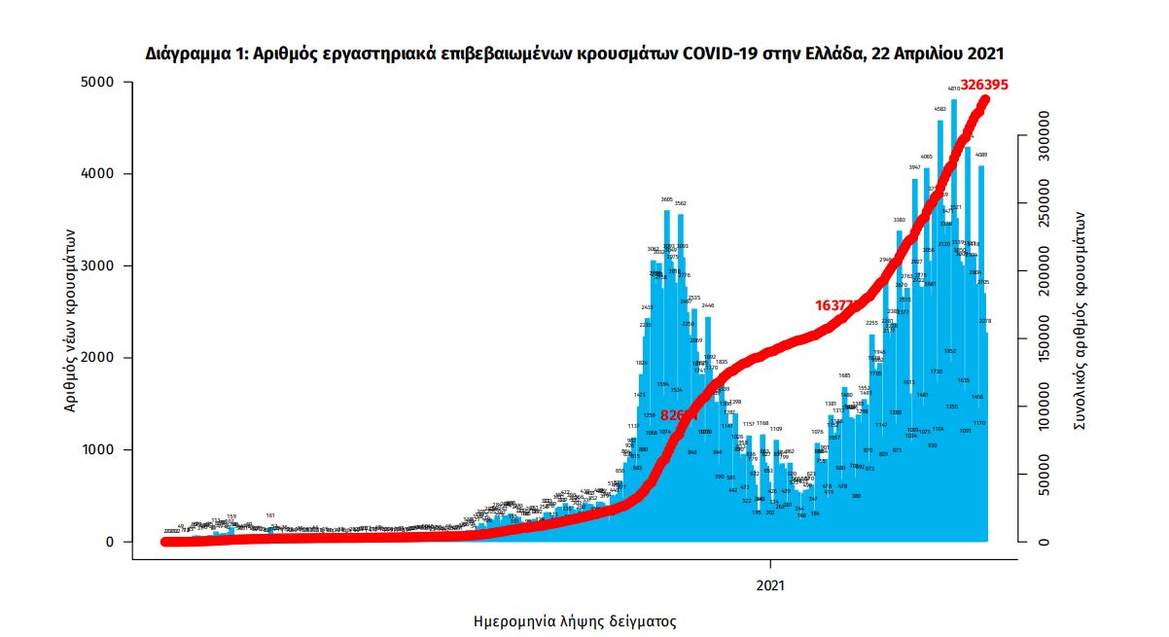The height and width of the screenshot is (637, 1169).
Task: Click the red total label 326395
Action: tap(983, 85)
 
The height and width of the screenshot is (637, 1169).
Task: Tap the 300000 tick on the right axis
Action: tap(1044, 137)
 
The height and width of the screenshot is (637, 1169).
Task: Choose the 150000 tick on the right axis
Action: tap(1044, 339)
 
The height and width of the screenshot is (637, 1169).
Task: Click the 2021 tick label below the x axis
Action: tap(770, 585)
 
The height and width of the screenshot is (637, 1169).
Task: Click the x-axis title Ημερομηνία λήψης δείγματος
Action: tap(574, 620)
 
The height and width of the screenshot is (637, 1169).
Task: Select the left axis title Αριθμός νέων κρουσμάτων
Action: tap(70, 320)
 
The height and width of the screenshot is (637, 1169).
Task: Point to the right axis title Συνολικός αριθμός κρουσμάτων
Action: tap(1080, 321)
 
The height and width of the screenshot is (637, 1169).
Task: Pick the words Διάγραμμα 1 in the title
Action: tap(195, 53)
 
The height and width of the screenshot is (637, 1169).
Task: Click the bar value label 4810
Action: tap(954, 88)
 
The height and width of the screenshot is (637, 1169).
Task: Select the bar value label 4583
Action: tap(940, 109)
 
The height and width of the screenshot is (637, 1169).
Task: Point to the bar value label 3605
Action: tap(667, 199)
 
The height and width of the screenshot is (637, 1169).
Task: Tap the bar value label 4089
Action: tap(982, 155)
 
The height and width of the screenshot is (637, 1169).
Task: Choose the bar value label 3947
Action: tap(914, 167)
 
